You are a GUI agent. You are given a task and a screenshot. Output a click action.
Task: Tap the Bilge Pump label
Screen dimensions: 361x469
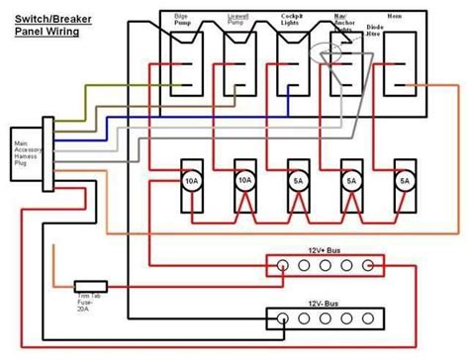pyautogui.click(x=185, y=21)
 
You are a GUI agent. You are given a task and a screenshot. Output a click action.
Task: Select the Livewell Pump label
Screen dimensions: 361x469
pyautogui.click(x=238, y=21)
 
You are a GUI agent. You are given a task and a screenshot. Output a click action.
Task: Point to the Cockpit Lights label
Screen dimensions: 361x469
pyautogui.click(x=291, y=21)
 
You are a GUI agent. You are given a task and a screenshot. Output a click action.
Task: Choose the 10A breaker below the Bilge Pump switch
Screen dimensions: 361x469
pyautogui.click(x=191, y=183)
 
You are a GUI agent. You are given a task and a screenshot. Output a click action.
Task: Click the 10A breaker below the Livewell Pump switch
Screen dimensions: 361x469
pyautogui.click(x=244, y=183)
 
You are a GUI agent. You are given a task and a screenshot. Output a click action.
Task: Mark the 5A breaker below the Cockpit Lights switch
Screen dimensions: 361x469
pyautogui.click(x=298, y=183)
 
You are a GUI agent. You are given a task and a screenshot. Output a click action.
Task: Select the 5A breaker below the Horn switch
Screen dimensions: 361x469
pyautogui.click(x=405, y=183)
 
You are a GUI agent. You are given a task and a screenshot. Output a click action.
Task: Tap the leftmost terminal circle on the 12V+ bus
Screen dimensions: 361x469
pyautogui.click(x=282, y=266)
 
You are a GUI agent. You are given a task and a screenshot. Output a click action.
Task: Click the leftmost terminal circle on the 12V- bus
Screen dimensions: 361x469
pyautogui.click(x=282, y=319)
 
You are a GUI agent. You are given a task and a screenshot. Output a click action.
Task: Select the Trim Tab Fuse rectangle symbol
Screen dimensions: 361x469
pyautogui.click(x=91, y=284)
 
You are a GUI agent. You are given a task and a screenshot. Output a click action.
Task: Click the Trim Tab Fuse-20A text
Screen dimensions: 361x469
pyautogui.click(x=91, y=300)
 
